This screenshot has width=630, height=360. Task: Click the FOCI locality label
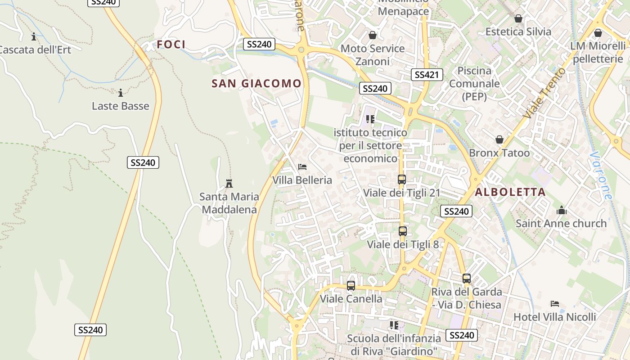(x=171, y=44)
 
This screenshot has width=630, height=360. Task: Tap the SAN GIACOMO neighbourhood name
(x=256, y=83)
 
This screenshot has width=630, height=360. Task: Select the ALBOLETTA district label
(x=510, y=192)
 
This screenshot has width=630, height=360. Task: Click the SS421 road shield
(x=427, y=75)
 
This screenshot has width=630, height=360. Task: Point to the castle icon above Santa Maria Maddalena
(x=229, y=183)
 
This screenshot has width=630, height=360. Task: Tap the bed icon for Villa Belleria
(x=302, y=167)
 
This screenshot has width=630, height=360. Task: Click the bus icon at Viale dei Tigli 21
(x=402, y=180)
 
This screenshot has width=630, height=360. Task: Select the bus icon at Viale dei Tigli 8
(x=403, y=231)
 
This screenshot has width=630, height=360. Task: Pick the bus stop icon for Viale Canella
(x=351, y=285)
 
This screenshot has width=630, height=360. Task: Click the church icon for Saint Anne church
(x=561, y=210)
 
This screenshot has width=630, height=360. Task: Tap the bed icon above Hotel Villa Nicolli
(x=555, y=304)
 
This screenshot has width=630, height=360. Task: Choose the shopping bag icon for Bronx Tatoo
(x=499, y=139)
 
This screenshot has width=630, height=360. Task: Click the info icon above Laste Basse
(x=121, y=93)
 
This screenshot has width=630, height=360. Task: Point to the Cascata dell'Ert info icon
(x=34, y=36)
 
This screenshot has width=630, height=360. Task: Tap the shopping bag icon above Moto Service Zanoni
(x=373, y=35)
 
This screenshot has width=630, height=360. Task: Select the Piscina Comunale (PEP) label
(x=474, y=84)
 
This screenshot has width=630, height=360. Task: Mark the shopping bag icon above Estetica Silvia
(x=518, y=18)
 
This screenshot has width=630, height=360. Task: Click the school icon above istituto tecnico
(x=370, y=119)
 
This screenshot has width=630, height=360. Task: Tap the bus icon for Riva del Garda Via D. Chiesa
(x=467, y=279)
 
